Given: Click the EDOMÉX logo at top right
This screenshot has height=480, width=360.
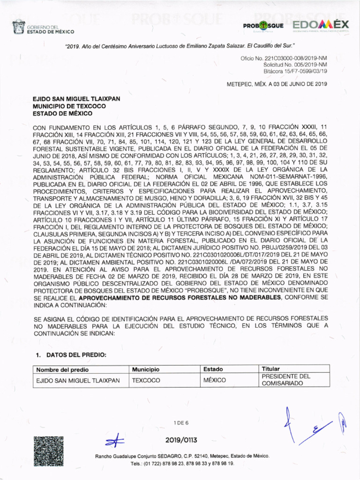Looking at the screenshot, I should pyautogui.click(x=321, y=25).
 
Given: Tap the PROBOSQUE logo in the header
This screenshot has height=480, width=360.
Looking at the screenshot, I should pyautogui.click(x=263, y=25).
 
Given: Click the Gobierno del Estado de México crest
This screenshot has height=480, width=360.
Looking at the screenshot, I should pyautogui.click(x=18, y=28).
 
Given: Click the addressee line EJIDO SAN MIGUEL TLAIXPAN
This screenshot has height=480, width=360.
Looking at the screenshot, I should pyautogui.click(x=76, y=99).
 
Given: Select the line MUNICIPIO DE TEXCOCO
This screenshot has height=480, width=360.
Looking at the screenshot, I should pyautogui.click(x=69, y=106).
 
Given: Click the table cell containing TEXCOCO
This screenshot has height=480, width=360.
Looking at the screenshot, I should pyautogui.click(x=146, y=380).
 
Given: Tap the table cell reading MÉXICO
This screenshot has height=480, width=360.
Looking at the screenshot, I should pyautogui.click(x=215, y=380).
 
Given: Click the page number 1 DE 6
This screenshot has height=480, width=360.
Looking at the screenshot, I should pyautogui.click(x=180, y=423).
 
